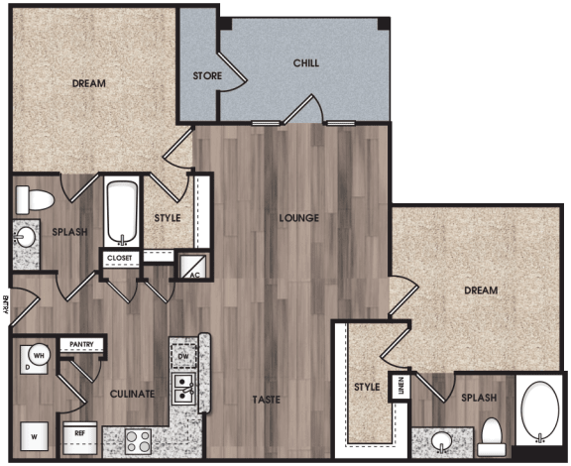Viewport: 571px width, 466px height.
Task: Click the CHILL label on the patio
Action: pos(305,63)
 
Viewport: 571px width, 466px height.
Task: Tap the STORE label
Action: pos(206,75)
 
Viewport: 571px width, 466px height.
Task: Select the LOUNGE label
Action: pos(298,218)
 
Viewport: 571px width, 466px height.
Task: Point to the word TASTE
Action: pos(266,400)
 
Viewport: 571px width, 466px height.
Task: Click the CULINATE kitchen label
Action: pos(132,394)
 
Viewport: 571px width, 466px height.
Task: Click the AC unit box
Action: pos(188,267)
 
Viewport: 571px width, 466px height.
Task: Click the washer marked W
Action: pos(34,434)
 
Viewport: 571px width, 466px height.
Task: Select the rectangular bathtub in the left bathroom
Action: pos(123,210)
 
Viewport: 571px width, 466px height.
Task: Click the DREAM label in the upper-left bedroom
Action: pos(89,84)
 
